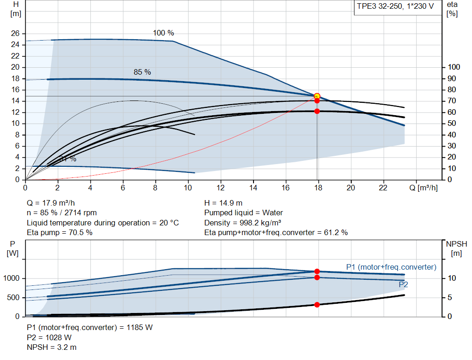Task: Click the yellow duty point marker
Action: (317, 96)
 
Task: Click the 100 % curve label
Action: (164, 33)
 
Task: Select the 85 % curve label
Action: (142, 72)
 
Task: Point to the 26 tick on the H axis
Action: (16, 34)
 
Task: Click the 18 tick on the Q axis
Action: (318, 188)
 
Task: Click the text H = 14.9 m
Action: (224, 203)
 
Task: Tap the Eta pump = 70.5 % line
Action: (59, 232)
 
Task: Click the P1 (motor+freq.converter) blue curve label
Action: (391, 267)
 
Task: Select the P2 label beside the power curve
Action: (403, 285)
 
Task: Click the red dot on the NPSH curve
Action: (317, 305)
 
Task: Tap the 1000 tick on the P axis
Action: (13, 278)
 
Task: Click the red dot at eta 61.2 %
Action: (317, 111)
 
